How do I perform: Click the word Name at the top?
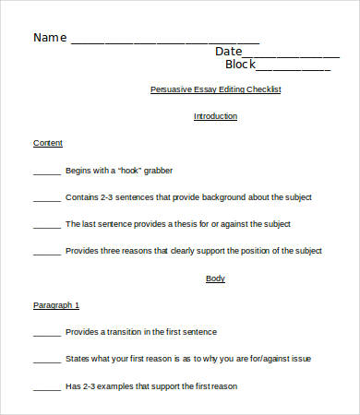click(50, 38)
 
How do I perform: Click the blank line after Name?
click(164, 42)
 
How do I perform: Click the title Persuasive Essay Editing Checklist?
click(215, 89)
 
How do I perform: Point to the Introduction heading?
click(215, 116)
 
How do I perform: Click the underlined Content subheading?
click(48, 143)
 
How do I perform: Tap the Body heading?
click(215, 278)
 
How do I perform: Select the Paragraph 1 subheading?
click(56, 304)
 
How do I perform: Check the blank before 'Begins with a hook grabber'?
click(46, 172)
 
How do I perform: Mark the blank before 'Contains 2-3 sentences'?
click(46, 199)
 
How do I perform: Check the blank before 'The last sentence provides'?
click(46, 226)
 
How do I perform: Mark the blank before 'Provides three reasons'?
click(46, 252)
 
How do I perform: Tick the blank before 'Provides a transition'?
click(46, 333)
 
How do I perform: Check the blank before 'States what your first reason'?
click(46, 360)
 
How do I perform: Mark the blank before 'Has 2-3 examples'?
click(46, 386)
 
